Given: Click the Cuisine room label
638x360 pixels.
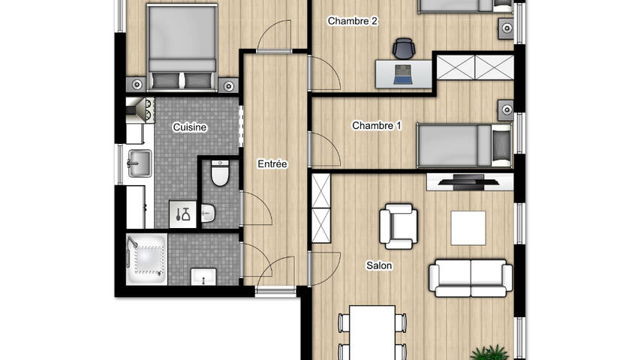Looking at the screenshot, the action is point(190,127).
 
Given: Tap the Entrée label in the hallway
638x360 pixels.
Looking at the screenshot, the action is point(272,164).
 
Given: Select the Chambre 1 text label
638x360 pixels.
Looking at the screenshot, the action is point(376,126).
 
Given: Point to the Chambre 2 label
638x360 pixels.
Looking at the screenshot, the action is point(352,21).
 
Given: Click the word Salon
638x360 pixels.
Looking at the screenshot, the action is point(379,265).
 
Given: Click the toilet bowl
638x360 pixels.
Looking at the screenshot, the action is point(220,173).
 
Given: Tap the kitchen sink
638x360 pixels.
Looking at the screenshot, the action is point(140,163).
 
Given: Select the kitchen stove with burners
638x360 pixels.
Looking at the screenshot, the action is point(140,109).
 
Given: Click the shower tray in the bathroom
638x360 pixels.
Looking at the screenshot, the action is point(146,259).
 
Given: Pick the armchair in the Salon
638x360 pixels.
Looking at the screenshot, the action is point(399,226).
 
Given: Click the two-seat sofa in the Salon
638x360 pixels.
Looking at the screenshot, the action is point(471,277).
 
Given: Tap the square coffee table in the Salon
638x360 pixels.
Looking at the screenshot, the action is point(468,228).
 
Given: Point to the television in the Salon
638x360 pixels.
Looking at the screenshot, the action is point(468,181).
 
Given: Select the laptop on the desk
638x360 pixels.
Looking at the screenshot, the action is point(403,74).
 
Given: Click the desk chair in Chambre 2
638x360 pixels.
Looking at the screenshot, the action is point(404,48).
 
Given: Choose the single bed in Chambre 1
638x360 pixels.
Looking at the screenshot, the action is point(465,145).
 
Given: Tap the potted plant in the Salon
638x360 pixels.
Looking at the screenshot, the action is point(489,352).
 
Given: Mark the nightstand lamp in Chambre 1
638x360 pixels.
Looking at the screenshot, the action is point(506,109).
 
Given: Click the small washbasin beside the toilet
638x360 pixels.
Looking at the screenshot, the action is point(207,213).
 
